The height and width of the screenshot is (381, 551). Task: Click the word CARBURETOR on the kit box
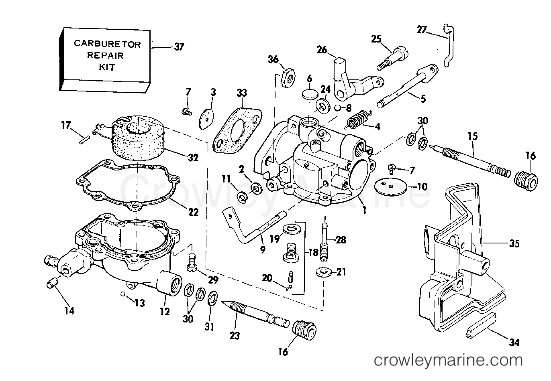[107, 44]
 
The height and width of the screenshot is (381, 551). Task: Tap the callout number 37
[179, 47]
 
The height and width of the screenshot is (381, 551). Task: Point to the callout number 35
[514, 243]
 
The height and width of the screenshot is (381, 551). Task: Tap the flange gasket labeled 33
[237, 132]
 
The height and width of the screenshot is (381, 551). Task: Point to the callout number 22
[193, 212]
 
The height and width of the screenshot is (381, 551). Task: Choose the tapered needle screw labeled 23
[256, 315]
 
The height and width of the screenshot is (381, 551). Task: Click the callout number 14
[69, 311]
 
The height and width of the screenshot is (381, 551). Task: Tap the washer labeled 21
[323, 272]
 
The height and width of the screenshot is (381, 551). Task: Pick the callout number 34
[514, 342]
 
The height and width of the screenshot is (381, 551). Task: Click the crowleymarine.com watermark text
[448, 361]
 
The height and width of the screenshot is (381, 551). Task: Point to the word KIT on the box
[107, 67]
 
